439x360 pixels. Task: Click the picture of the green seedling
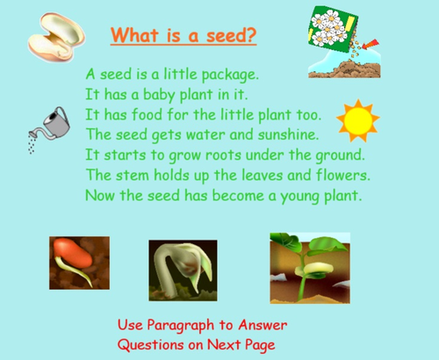pos(309,266)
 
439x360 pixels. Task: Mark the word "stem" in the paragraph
pos(132,174)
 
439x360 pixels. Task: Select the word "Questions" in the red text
pos(155,345)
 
